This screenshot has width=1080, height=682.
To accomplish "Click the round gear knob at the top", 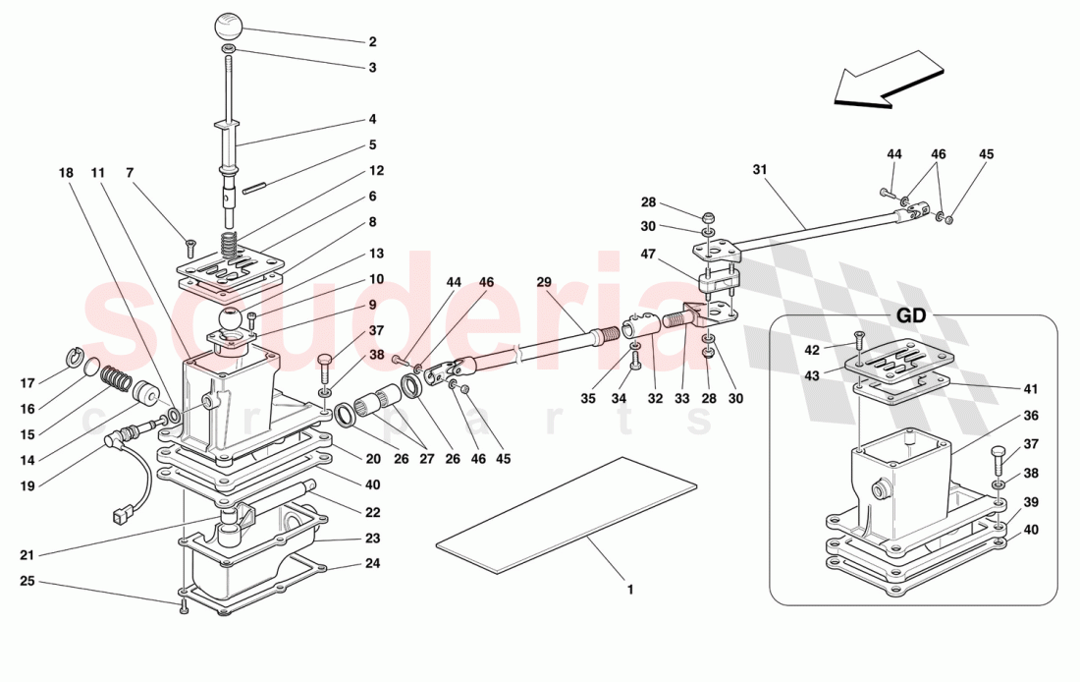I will pyautogui.click(x=228, y=24).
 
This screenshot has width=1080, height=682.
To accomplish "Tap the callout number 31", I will pyautogui.click(x=759, y=169).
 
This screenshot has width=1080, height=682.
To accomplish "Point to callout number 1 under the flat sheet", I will pyautogui.click(x=630, y=591).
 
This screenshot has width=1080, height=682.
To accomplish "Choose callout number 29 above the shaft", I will pyautogui.click(x=544, y=281).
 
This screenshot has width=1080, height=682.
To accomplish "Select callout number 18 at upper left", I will pyautogui.click(x=67, y=173).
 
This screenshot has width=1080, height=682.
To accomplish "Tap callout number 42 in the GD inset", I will pyautogui.click(x=811, y=350).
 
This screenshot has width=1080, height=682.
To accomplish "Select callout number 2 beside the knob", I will pyautogui.click(x=372, y=42).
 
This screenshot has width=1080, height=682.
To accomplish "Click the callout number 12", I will pyautogui.click(x=377, y=170).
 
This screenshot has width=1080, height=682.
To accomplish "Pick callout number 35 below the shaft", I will pyautogui.click(x=587, y=400).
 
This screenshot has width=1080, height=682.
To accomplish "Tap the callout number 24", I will pyautogui.click(x=372, y=564).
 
